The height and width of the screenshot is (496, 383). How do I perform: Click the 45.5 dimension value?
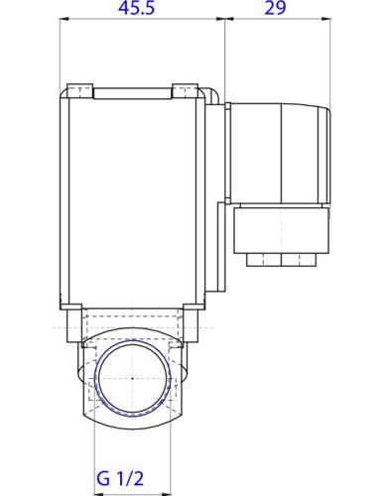tap(143, 10)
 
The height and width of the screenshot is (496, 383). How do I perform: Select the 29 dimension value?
tap(278, 10)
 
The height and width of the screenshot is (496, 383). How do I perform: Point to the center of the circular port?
tap(132, 379)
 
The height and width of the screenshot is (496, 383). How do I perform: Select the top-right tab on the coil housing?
tap(184, 92)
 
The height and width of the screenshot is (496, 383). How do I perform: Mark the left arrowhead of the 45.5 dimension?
tap(65, 20)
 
